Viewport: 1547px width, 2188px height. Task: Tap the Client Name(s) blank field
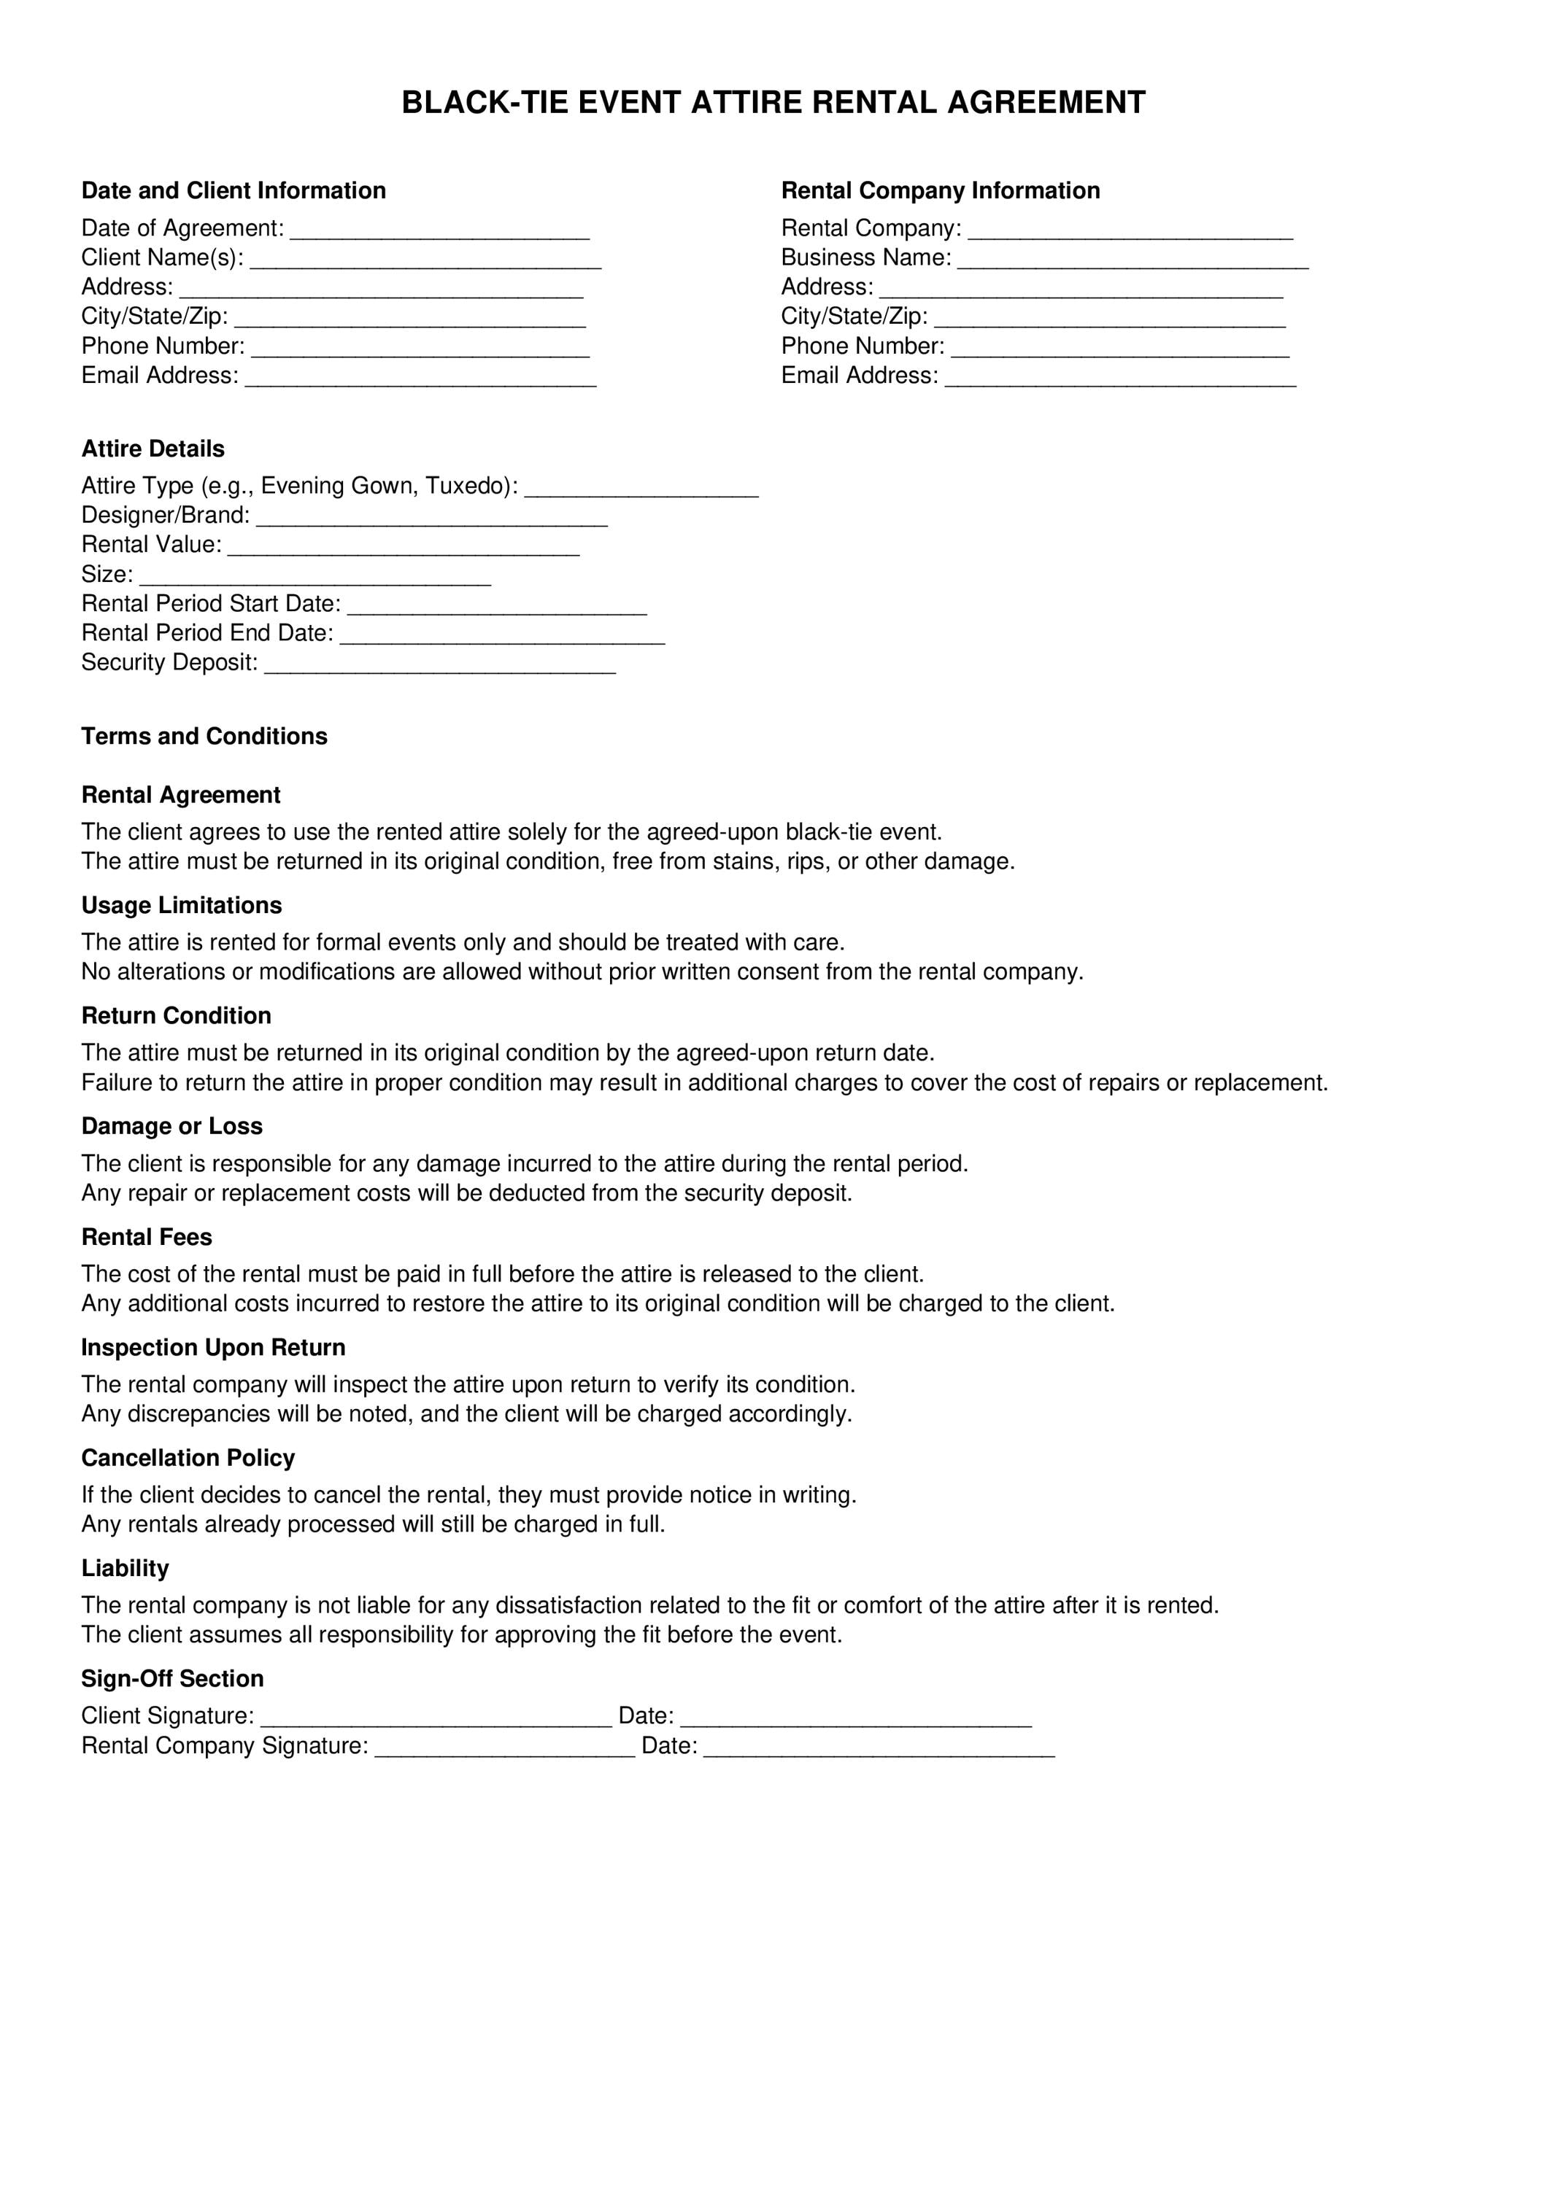(426, 261)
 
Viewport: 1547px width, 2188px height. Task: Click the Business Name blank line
(1133, 261)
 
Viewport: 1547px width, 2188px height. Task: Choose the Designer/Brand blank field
(432, 519)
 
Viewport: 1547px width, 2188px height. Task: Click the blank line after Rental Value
(404, 548)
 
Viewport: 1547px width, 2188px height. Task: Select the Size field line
(315, 578)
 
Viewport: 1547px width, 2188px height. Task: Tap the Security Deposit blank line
(439, 666)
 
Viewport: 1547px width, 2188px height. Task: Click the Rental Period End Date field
(502, 637)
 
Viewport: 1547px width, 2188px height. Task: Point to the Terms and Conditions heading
(204, 737)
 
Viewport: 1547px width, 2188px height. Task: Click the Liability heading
(125, 1569)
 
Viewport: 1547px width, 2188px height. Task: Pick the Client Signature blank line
(436, 1719)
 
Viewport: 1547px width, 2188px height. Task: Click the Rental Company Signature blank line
(504, 1749)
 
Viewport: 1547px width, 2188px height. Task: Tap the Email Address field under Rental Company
(1120, 379)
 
